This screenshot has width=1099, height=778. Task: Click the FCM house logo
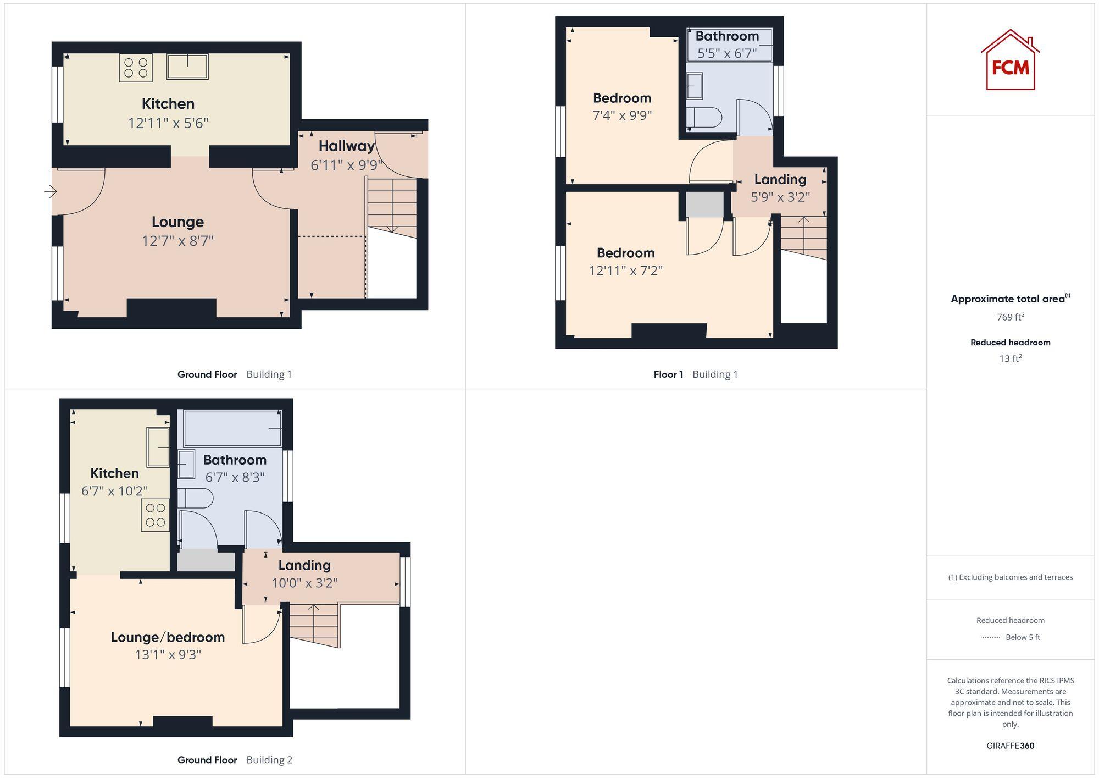1010,60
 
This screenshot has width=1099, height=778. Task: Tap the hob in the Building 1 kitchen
136,68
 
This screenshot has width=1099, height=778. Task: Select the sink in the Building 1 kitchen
187,67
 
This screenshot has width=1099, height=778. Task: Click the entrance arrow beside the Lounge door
51,191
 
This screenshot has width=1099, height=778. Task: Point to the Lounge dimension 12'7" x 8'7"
177,241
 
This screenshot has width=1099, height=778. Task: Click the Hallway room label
346,146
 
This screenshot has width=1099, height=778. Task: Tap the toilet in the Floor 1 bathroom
704,117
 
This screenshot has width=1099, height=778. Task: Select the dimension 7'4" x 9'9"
622,115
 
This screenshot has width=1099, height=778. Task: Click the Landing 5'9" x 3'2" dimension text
780,197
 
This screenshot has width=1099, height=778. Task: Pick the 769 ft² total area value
1010,317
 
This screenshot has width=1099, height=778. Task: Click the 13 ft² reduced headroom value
1010,358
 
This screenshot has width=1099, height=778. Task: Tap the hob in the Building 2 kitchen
155,515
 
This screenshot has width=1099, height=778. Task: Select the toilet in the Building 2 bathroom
196,498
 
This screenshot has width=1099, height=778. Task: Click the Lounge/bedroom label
168,637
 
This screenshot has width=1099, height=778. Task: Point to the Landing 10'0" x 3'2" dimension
304,583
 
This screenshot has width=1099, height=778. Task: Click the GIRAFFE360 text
1010,746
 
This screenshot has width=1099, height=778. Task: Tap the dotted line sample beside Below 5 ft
990,638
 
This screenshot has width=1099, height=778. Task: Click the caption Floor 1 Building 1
695,374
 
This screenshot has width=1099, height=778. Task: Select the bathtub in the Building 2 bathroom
233,428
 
